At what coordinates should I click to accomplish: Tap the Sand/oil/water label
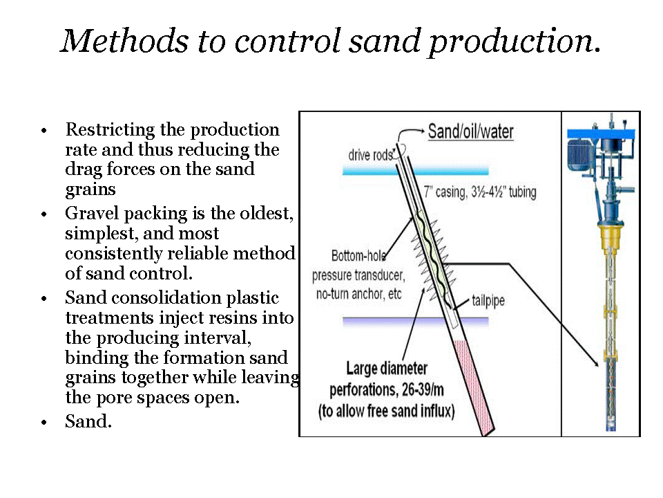pyautogui.click(x=471, y=131)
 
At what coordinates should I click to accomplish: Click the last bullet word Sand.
pyautogui.click(x=88, y=421)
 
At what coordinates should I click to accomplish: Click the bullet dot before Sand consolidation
pyautogui.click(x=44, y=299)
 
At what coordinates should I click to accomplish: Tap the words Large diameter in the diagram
pyautogui.click(x=387, y=369)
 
